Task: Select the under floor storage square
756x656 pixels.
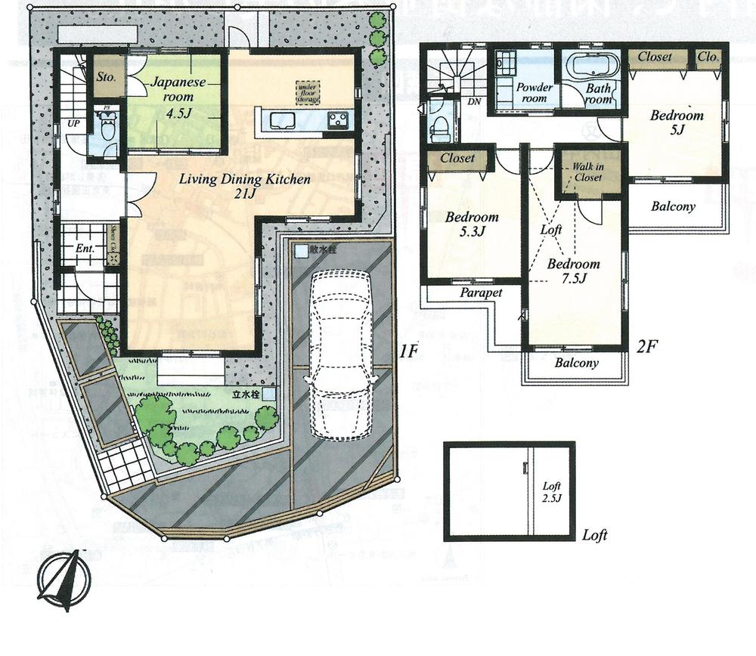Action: (x=308, y=92)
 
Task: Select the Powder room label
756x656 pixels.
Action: (x=534, y=93)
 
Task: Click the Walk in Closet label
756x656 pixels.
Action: (x=587, y=172)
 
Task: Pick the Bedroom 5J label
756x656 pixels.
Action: (x=677, y=122)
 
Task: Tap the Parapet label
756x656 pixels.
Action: (x=481, y=292)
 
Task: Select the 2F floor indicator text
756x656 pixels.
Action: (x=648, y=347)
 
